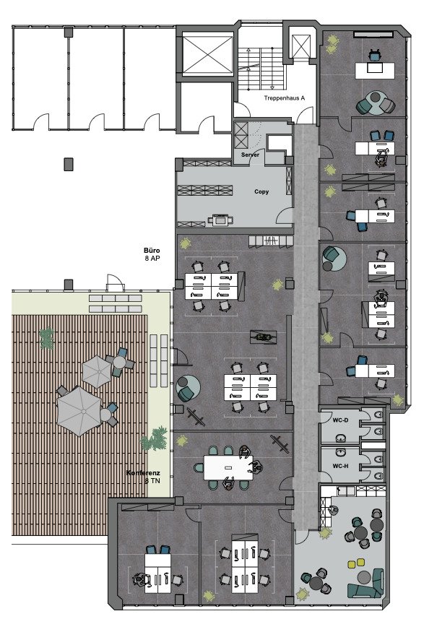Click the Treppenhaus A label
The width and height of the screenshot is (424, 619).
click(285, 98)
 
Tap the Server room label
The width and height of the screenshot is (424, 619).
click(251, 155)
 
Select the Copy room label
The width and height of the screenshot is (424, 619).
click(261, 191)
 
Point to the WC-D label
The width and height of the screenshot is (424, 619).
click(340, 420)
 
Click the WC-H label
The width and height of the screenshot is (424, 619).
click(340, 466)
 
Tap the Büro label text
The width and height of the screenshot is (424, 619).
click(152, 251)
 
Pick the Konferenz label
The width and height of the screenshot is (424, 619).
click(143, 473)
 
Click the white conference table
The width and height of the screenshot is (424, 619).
click(228, 468)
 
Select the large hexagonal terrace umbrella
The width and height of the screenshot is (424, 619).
click(79, 411)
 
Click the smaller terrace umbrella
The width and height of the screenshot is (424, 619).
click(97, 371)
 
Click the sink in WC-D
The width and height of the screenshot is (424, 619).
click(340, 438)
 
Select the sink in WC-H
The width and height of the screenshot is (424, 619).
click(340, 451)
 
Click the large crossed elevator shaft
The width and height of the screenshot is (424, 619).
click(207, 55)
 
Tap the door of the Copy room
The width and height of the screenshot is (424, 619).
click(285, 215)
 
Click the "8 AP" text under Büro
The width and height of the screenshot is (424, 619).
click(152, 259)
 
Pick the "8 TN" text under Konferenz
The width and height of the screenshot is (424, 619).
click(152, 481)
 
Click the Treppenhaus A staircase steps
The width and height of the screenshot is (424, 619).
click(261, 68)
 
